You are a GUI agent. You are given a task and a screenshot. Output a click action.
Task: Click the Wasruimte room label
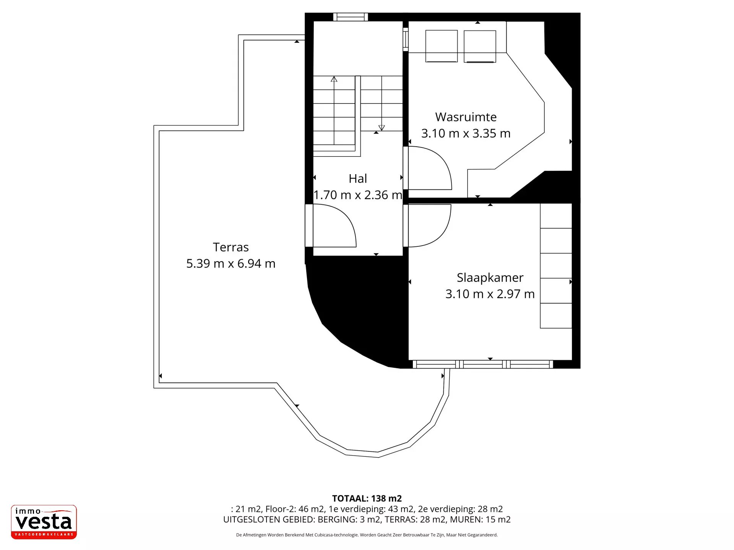[466, 117]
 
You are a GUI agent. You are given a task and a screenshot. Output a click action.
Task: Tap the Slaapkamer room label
[490, 278]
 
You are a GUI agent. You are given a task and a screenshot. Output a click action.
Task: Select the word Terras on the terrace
[231, 247]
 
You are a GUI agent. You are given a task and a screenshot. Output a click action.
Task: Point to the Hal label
[358, 178]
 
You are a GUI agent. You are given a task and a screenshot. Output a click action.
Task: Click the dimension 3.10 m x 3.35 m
[466, 133]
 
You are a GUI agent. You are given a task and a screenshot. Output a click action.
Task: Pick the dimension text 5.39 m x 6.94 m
[231, 264]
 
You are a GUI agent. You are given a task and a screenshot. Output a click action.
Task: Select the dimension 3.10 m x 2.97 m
[490, 294]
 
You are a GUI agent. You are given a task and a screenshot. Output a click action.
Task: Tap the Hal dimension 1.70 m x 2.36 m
[358, 195]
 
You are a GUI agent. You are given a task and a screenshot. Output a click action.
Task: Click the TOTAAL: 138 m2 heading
[367, 498]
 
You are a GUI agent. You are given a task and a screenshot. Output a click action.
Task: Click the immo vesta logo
[44, 522]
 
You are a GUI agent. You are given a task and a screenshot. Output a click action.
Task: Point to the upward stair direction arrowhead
[334, 79]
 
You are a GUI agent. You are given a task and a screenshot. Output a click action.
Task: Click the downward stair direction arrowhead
[382, 128]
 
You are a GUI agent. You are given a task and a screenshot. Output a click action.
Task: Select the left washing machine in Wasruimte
[442, 46]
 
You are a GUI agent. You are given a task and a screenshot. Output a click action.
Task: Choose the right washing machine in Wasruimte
[480, 46]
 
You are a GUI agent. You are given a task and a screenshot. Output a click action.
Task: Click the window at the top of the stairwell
[351, 17]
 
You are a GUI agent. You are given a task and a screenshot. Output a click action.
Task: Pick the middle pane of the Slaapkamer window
[483, 364]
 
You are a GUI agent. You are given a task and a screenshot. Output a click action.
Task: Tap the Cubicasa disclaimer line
[367, 535]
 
